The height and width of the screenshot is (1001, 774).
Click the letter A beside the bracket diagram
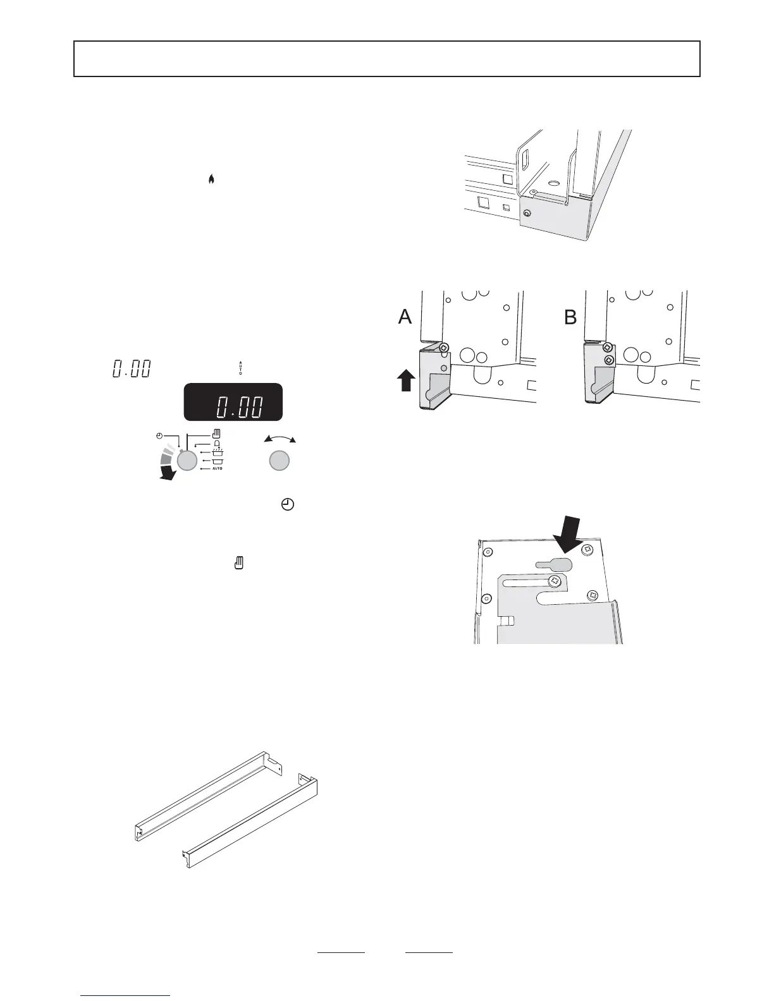[405, 317]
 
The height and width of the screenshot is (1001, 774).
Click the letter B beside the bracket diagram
[570, 317]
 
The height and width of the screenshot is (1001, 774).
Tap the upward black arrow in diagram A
[407, 382]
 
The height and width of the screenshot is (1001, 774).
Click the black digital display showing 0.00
[233, 402]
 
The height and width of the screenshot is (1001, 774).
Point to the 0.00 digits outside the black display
[131, 369]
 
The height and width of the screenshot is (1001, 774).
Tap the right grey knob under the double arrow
[279, 461]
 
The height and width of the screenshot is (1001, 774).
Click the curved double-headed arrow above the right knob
[279, 439]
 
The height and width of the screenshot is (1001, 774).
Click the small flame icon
[211, 180]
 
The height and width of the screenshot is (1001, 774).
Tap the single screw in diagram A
[445, 348]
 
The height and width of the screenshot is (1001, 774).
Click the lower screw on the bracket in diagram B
[608, 359]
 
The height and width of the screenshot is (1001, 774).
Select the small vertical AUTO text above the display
[240, 368]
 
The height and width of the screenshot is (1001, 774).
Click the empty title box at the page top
[387, 59]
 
